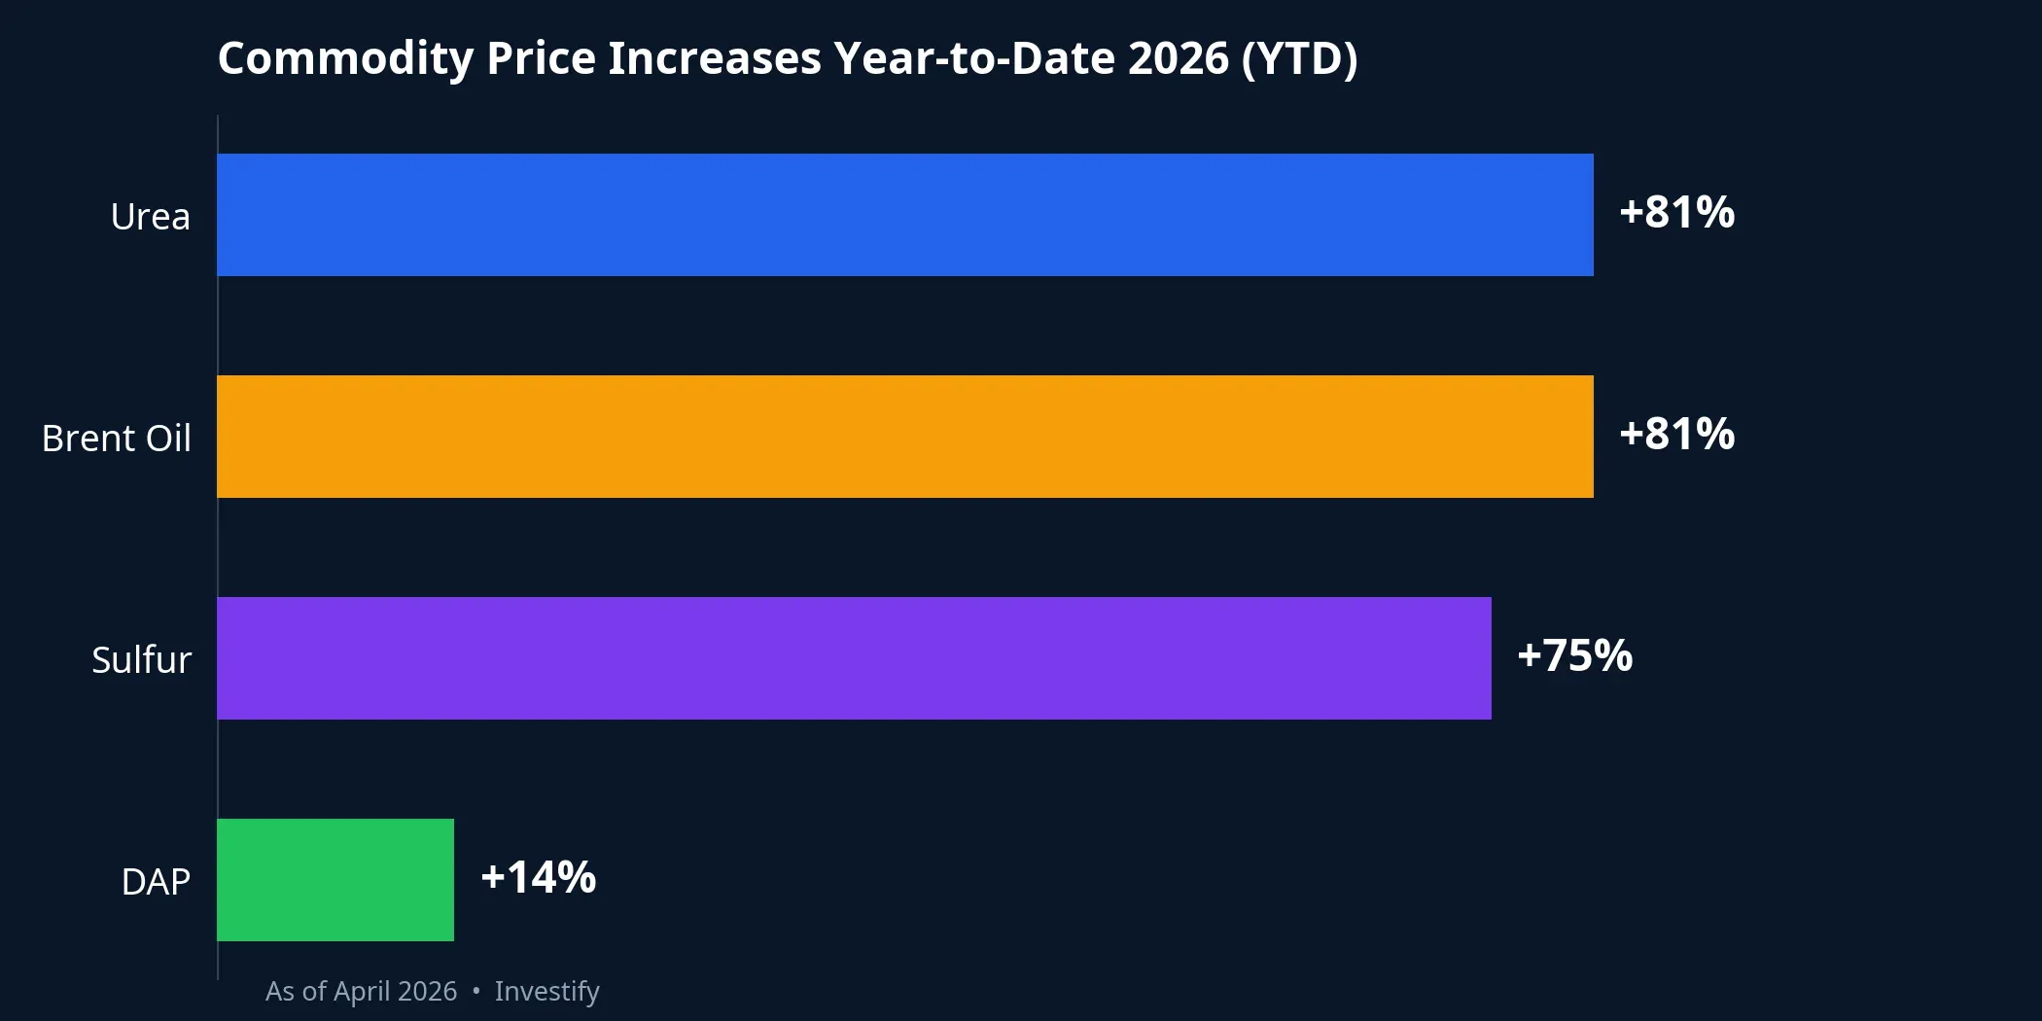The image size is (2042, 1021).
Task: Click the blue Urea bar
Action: click(904, 215)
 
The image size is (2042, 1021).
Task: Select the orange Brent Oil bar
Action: click(904, 437)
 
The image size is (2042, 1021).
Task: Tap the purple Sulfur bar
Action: click(854, 658)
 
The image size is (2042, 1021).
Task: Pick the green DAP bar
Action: click(335, 880)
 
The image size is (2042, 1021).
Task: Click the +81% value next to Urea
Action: click(1676, 213)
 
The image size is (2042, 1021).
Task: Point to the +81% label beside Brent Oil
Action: click(1676, 435)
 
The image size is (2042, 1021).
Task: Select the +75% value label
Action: click(1574, 656)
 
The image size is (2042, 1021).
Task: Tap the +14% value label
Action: click(538, 878)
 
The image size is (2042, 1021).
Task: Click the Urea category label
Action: click(150, 217)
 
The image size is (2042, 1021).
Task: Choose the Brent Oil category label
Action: click(117, 439)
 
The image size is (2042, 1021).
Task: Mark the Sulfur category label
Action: click(141, 660)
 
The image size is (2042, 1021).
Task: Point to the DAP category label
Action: click(156, 882)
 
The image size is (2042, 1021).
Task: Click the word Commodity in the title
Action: click(345, 58)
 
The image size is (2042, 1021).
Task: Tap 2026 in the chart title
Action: click(1178, 58)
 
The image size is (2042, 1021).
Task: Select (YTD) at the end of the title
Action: click(1298, 58)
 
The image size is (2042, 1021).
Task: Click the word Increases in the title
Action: click(714, 58)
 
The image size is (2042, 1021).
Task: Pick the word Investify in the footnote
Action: click(546, 992)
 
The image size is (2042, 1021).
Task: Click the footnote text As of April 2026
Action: click(361, 992)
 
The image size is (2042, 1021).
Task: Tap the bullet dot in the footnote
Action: click(475, 991)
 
